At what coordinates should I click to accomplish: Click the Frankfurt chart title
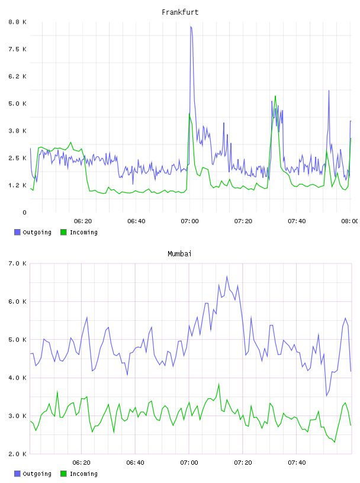180,12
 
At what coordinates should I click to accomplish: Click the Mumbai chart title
179,254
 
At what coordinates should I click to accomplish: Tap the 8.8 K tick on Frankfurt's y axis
18,22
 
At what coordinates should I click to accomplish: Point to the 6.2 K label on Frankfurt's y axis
18,76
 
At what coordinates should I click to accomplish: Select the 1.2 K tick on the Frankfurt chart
18,185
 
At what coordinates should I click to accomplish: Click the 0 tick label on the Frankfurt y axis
24,212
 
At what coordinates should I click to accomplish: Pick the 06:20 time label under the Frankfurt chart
83,221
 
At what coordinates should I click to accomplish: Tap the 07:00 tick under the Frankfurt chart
190,221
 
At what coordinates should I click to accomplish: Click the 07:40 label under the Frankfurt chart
297,221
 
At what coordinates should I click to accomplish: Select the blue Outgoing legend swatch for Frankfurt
17,232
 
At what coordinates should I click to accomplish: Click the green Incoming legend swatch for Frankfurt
63,232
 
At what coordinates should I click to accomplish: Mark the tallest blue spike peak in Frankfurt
191,27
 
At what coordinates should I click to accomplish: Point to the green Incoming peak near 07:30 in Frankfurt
275,96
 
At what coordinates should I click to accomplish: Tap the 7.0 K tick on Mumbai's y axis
18,263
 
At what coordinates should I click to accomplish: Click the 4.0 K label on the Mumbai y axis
18,378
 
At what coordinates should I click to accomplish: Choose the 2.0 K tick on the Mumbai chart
18,454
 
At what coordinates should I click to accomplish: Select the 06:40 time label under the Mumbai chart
136,463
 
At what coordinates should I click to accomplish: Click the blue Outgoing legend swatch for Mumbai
17,474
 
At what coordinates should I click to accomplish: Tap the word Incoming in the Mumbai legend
83,474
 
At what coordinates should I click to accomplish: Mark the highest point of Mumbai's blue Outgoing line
227,276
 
